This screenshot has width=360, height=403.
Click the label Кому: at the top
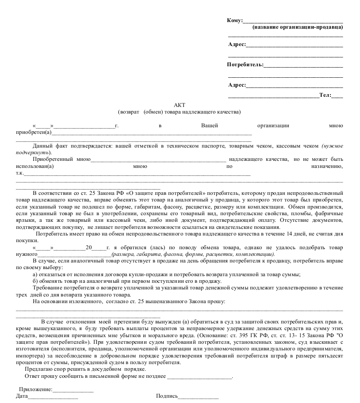click(235, 20)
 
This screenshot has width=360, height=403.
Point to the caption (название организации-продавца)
click(298, 27)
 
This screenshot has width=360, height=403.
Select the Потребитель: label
click(245, 65)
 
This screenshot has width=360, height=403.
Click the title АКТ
click(180, 105)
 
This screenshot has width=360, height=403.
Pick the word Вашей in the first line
click(210, 125)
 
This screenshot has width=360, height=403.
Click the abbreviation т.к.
click(20, 173)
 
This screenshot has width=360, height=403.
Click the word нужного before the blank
click(27, 255)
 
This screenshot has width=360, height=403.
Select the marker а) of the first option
click(36, 274)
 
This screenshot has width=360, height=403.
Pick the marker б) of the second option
click(36, 281)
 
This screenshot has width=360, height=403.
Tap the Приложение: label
click(36, 389)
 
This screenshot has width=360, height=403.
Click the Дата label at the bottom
click(22, 396)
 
